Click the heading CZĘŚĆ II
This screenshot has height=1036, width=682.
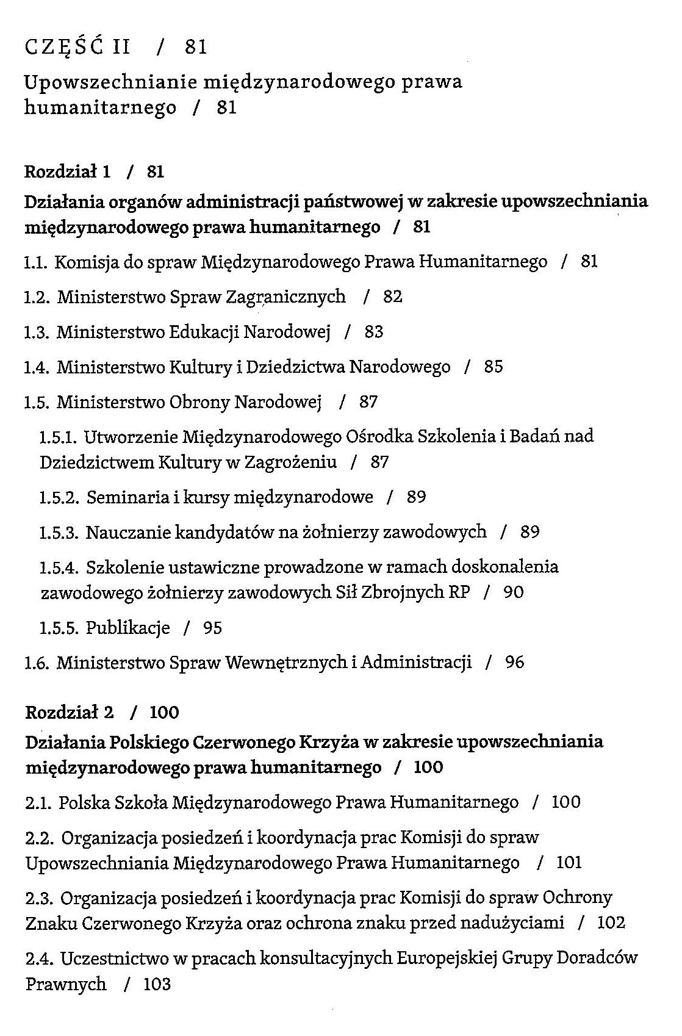(77, 47)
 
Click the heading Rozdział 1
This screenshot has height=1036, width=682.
(67, 172)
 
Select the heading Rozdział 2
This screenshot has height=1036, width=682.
(70, 712)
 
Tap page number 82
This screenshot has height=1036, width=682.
(393, 297)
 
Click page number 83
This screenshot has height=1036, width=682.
(374, 332)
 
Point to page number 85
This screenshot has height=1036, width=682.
(493, 367)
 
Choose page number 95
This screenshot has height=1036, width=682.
(213, 628)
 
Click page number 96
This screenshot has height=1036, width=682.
(514, 663)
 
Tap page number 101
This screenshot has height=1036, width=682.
(569, 863)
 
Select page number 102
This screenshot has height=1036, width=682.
(611, 923)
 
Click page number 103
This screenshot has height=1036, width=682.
(157, 984)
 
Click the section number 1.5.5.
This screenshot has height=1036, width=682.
(59, 628)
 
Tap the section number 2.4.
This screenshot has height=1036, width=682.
(39, 958)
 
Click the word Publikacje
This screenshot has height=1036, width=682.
(127, 628)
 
